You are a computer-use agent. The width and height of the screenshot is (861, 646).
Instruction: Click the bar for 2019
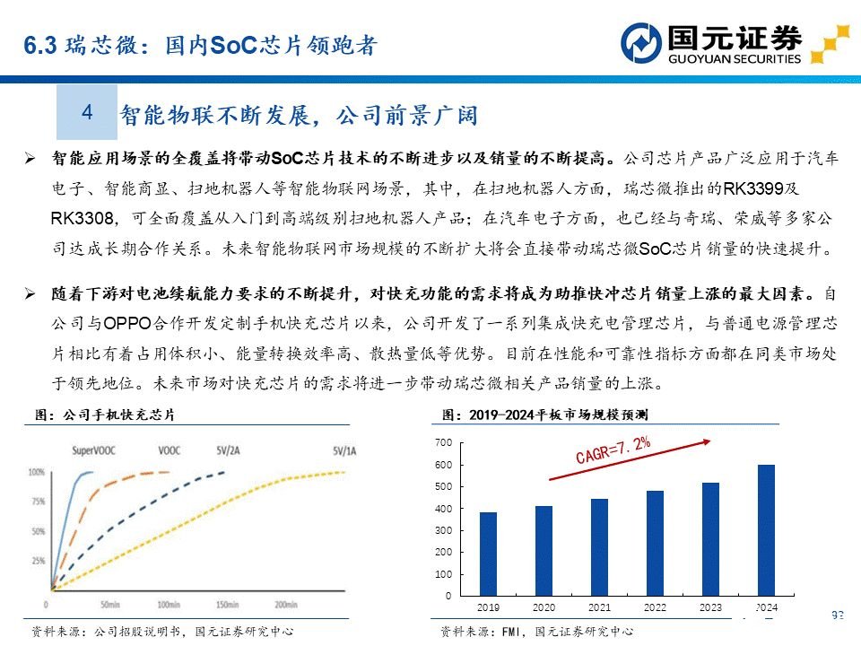click(x=488, y=554)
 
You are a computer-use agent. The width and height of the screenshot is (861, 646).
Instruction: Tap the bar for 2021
click(x=599, y=546)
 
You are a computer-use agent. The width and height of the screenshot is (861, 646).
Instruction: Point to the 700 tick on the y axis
click(x=442, y=443)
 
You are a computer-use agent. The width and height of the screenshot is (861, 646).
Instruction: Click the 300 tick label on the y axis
click(x=442, y=531)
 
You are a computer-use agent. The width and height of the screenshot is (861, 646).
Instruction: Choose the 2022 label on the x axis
click(x=655, y=607)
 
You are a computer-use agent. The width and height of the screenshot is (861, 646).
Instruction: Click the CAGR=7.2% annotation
click(x=613, y=451)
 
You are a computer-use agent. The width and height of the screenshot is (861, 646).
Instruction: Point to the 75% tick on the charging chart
click(x=37, y=502)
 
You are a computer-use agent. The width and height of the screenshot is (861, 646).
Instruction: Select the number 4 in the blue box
click(x=87, y=112)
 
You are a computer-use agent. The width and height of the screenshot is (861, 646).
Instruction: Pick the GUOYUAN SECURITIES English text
click(x=735, y=59)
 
